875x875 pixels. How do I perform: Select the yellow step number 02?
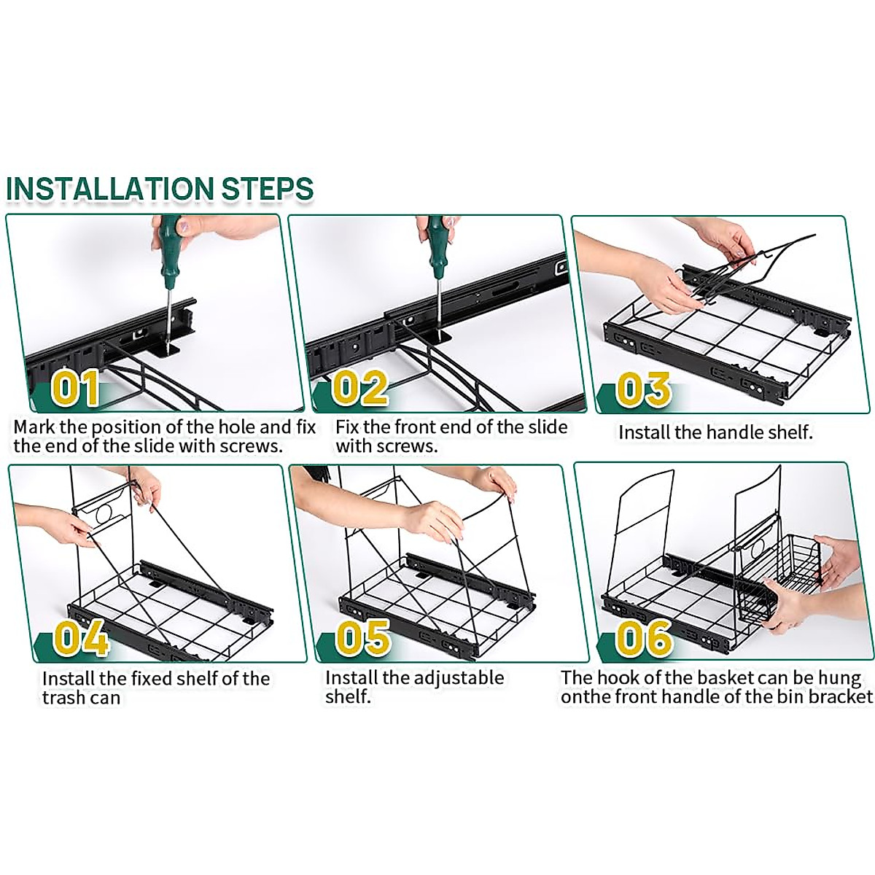click(359, 387)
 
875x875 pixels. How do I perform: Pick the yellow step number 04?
click(81, 637)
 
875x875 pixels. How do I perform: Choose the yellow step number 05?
click(363, 637)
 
